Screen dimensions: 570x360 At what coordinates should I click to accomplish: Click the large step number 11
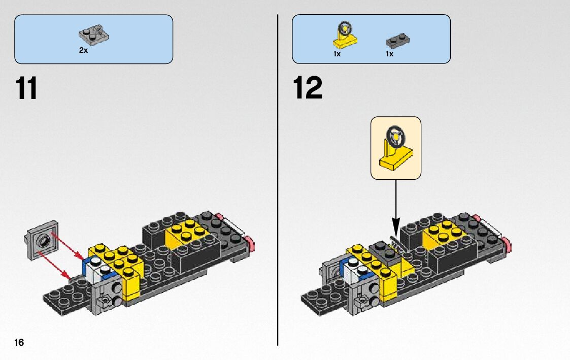tap(26, 88)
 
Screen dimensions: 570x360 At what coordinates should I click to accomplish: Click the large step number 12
tap(308, 88)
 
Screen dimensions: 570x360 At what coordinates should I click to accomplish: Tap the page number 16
tap(19, 342)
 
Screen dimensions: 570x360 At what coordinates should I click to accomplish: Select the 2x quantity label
tap(83, 51)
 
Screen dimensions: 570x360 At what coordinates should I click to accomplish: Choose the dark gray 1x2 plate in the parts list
tap(397, 40)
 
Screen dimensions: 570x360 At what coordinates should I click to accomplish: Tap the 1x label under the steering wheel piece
tap(337, 54)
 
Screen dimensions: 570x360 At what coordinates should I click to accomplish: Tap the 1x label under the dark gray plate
tap(389, 54)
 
